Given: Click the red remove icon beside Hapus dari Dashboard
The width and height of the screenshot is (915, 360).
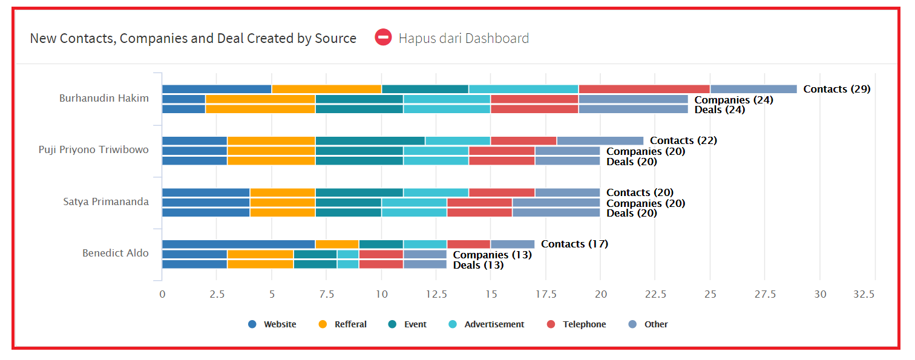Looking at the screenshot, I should pos(384,38).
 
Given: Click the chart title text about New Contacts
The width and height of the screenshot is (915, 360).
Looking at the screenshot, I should pos(193,38).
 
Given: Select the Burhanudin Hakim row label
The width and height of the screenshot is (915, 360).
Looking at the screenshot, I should pos(104,98).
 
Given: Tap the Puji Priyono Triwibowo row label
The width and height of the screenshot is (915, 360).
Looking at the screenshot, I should pos(94,149).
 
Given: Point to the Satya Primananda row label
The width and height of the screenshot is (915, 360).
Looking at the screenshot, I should pos(106,201).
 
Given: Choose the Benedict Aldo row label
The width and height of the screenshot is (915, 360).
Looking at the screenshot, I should pos(116,253).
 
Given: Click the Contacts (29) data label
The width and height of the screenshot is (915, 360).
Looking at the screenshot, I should pos(837,89).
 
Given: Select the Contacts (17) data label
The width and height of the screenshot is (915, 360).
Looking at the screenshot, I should pos(574,244).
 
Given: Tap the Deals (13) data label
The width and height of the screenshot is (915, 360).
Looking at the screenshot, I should pos(478,265).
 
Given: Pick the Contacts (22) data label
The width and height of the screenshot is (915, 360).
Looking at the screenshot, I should pos(683,140).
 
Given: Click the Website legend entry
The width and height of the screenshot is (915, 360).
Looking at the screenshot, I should pos(272,324).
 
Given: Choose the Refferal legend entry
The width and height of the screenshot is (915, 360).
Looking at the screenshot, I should pos(343,324).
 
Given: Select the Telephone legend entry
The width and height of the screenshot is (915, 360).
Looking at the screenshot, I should pos(577,324).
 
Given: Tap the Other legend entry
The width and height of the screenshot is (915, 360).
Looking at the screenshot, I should pos(648,324).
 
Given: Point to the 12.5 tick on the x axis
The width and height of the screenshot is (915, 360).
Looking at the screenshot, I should pos(436,294).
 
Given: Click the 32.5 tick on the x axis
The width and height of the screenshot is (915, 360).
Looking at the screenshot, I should pos(864,294).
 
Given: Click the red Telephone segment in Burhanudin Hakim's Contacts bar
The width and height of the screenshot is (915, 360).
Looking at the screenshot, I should pos(644,89).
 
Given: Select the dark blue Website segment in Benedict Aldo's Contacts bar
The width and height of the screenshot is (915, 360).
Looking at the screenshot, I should pos(238,244).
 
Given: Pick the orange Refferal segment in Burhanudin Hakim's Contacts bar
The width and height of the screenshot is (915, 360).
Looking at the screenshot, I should pos(327,89).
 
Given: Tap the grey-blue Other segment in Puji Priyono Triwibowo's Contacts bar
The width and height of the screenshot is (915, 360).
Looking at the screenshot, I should pos(600,140).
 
